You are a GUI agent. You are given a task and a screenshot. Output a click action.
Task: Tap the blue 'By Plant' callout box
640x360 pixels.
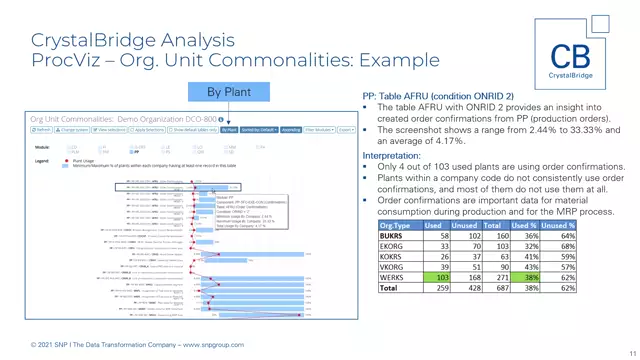point(229,92)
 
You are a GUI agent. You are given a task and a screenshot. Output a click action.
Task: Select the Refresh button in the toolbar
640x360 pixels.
point(42,130)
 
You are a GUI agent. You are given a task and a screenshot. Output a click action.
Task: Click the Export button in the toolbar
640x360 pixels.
point(346,130)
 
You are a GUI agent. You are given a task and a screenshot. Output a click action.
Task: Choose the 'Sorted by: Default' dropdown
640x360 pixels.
point(258,130)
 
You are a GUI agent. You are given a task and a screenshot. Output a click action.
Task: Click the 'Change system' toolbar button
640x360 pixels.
point(74,130)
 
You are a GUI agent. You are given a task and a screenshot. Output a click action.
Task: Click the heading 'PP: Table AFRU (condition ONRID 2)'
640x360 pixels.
point(437,96)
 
